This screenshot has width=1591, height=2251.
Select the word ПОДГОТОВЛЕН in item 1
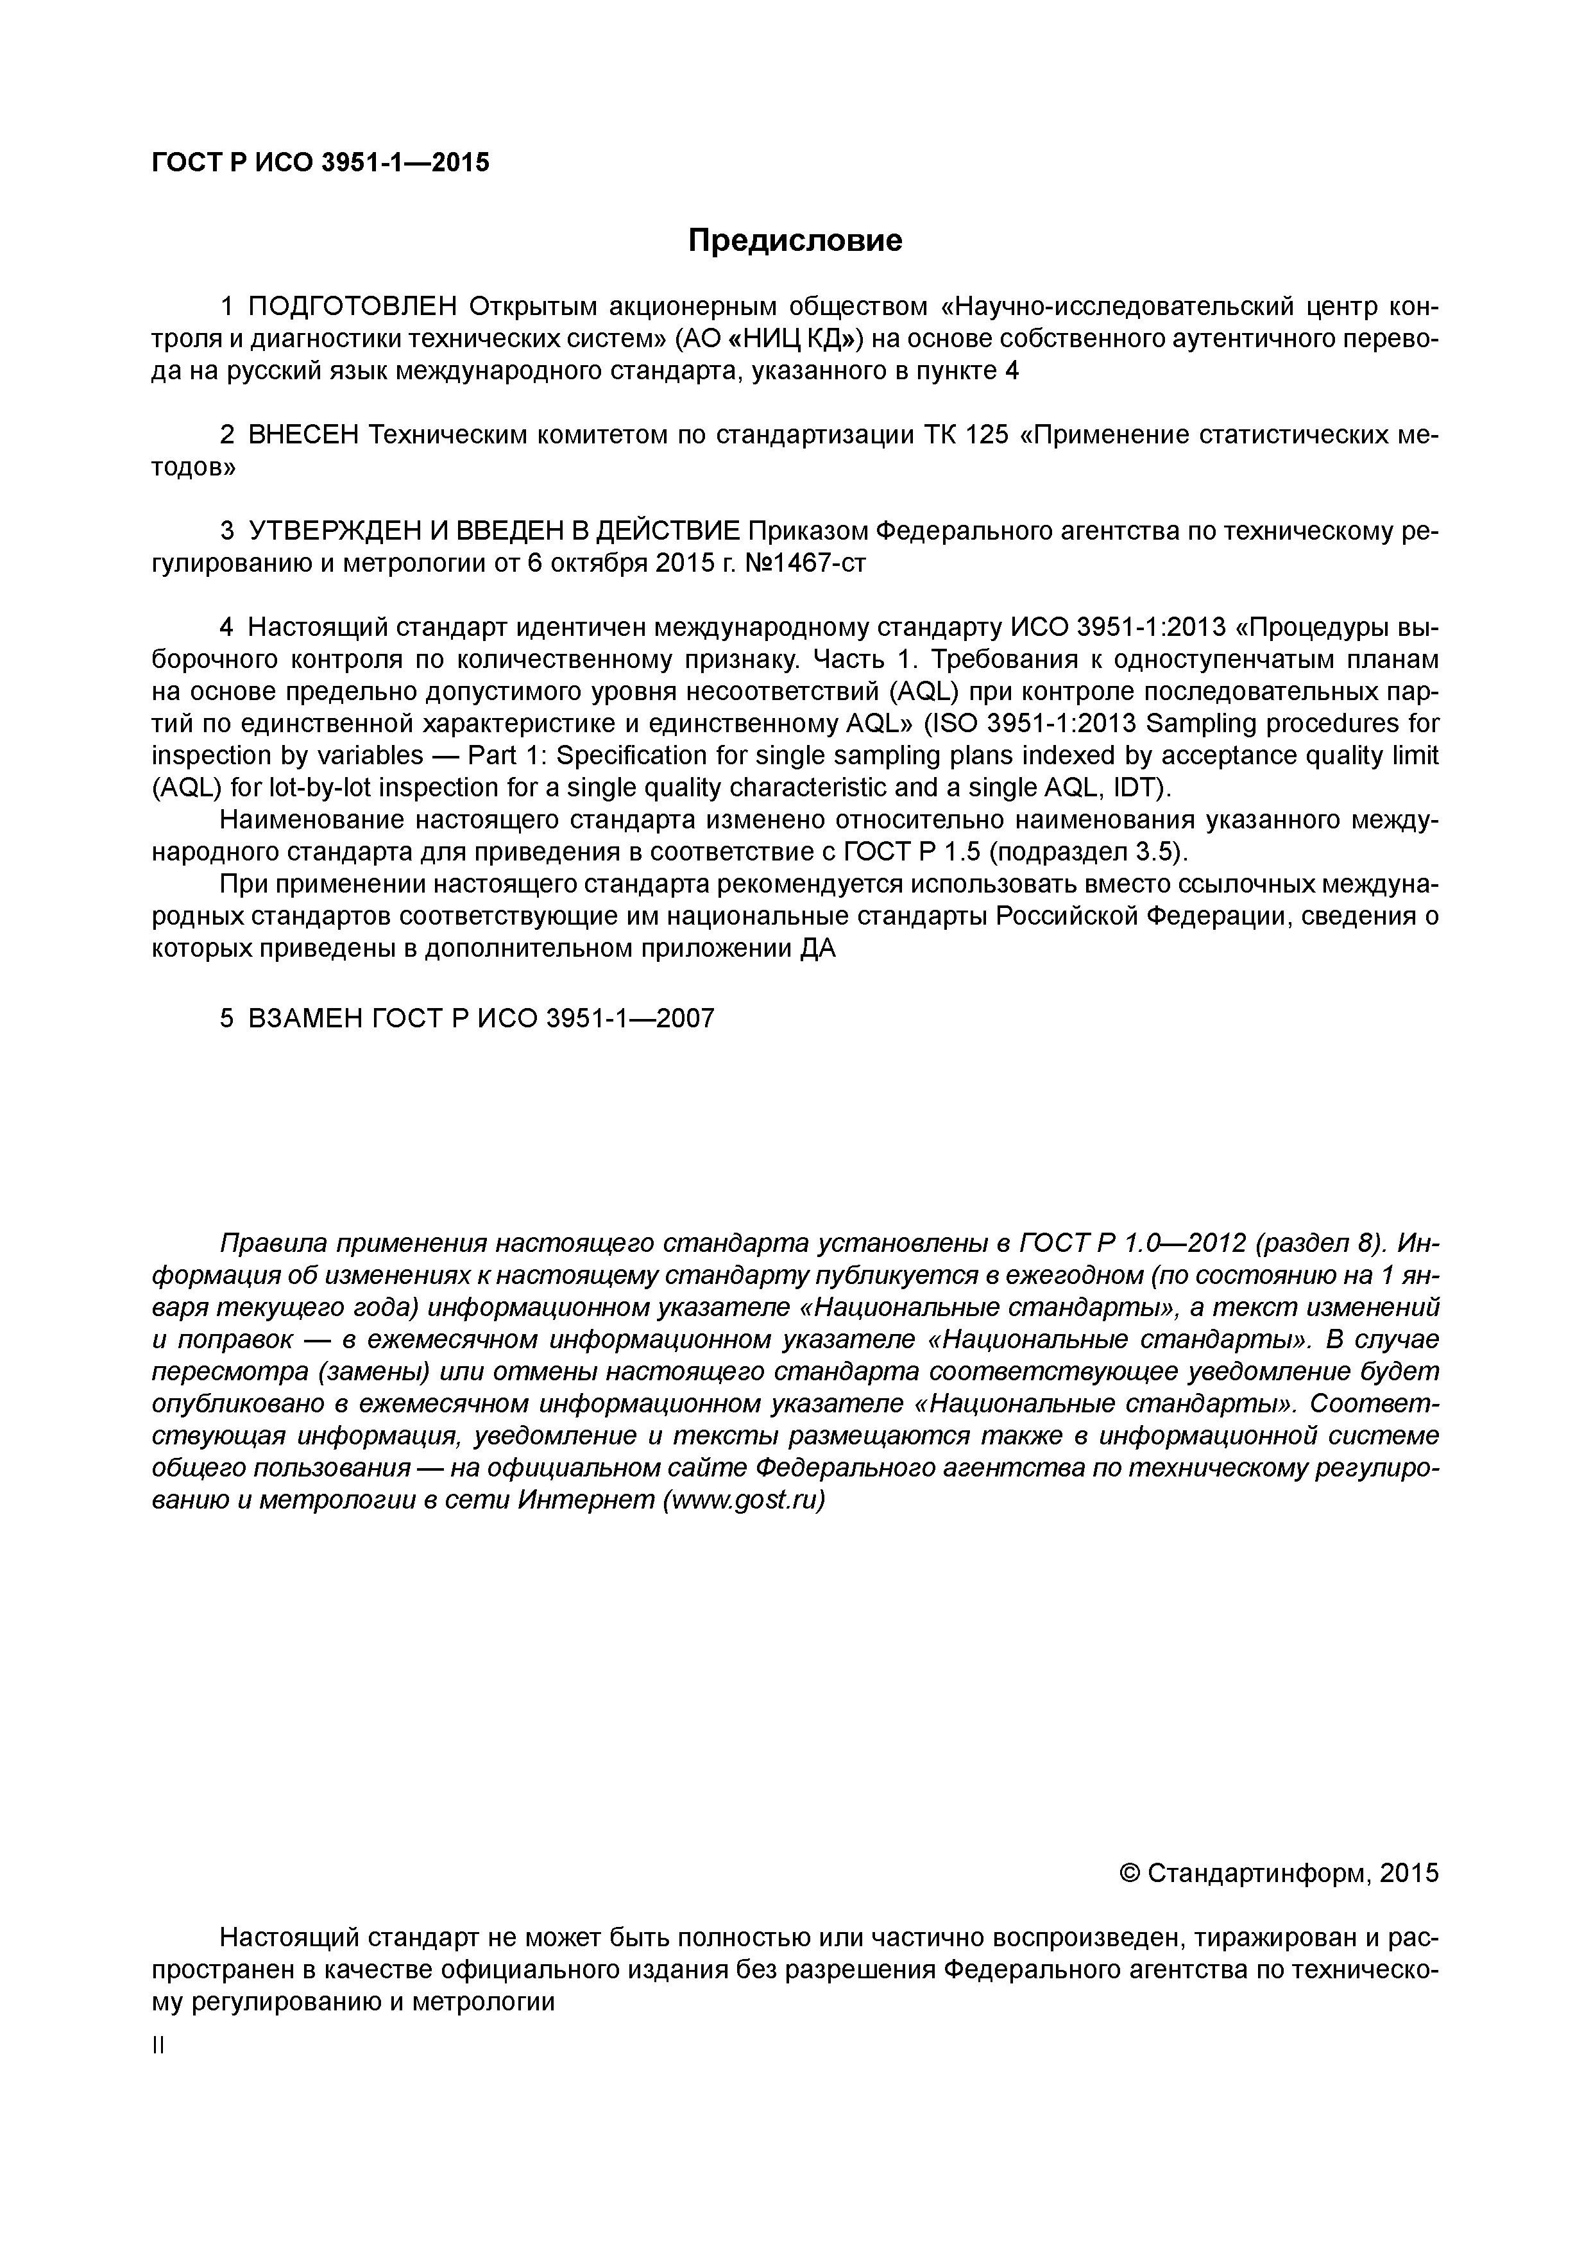click(352, 308)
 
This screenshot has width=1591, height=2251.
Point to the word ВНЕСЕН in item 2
click(304, 435)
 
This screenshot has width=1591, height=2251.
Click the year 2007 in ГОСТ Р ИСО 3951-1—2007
click(685, 1018)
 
